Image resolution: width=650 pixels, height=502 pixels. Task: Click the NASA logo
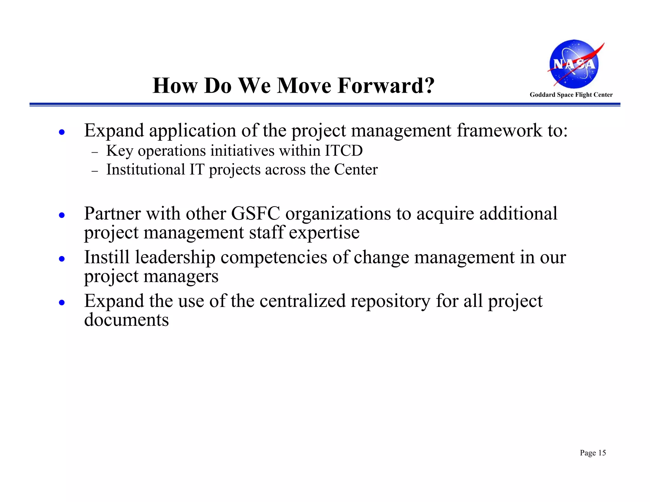point(574,64)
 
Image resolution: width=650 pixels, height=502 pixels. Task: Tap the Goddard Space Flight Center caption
point(571,95)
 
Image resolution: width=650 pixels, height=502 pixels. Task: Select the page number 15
point(602,453)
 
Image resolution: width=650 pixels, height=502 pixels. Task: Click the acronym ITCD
point(343,150)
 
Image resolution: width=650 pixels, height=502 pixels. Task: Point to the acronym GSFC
point(255,213)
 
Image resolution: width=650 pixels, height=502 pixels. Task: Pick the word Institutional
point(145,169)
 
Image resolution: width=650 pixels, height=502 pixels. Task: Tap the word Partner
point(112,213)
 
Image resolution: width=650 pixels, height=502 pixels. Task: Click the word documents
point(126,320)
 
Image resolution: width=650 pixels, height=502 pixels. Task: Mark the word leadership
point(175,257)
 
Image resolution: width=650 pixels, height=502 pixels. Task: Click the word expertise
point(324,233)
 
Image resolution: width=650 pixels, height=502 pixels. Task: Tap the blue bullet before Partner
point(62,215)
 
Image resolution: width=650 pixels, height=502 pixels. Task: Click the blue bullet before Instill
point(62,259)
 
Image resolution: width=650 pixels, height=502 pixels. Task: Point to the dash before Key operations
point(95,152)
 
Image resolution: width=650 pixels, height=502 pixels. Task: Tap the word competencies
point(274,257)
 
